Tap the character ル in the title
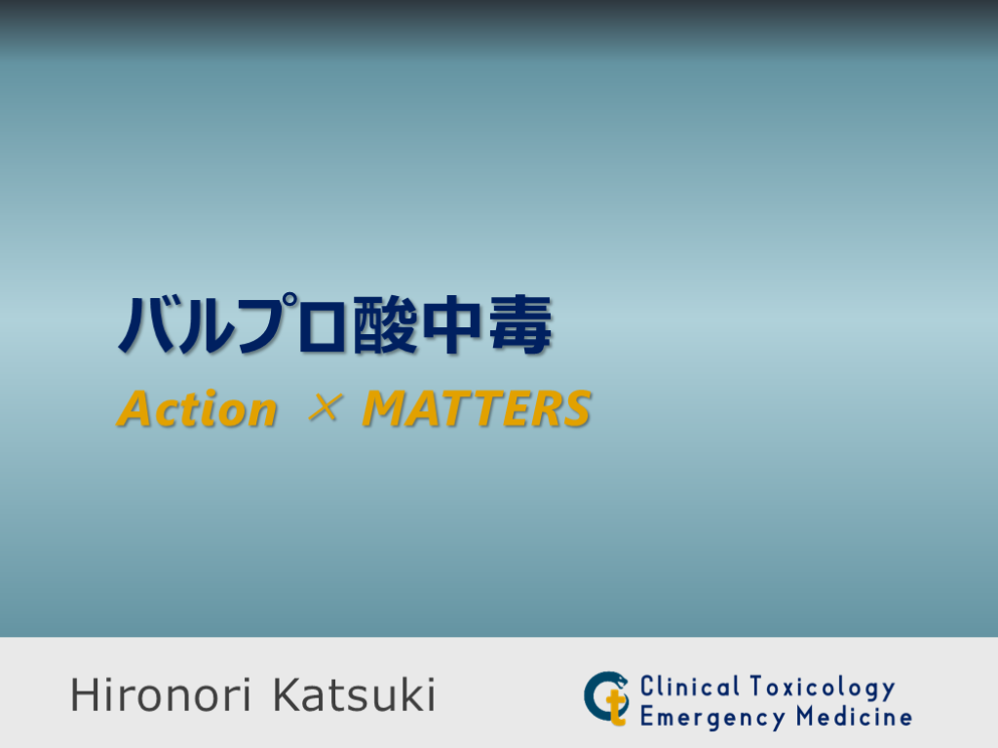coord(209,324)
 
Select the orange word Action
coord(197,410)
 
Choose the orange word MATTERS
coord(477,410)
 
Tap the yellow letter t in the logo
coord(614,704)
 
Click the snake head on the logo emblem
coord(618,678)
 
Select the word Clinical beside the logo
coord(690,687)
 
